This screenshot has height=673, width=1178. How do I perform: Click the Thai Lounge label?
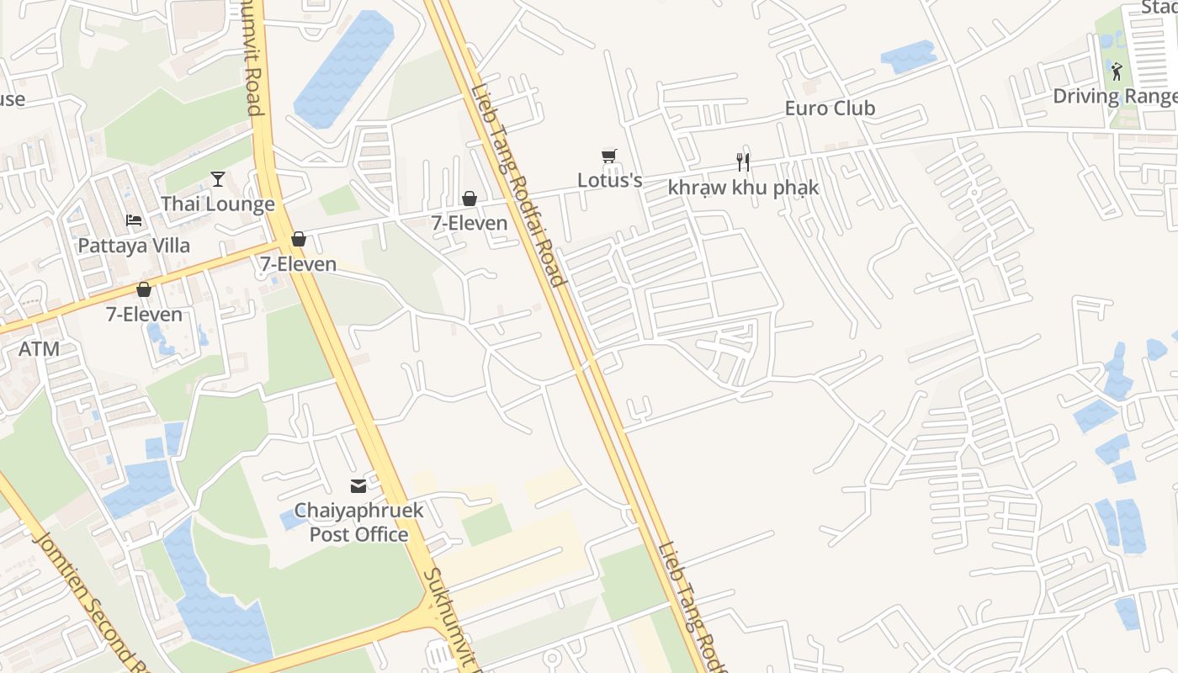click(217, 204)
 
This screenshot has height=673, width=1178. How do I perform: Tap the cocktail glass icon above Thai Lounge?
click(218, 178)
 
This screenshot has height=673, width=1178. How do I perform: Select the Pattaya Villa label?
click(134, 246)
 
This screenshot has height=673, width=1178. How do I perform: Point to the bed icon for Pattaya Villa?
click(134, 220)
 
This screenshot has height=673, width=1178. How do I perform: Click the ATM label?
click(39, 348)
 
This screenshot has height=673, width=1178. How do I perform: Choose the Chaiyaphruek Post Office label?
click(358, 522)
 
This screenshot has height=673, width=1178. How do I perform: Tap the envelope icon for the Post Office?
click(358, 485)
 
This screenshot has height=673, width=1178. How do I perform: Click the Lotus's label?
click(609, 180)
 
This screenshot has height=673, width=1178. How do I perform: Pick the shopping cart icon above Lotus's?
click(609, 156)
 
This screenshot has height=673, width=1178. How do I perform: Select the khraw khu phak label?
click(743, 188)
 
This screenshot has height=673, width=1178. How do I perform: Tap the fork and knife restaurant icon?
click(742, 162)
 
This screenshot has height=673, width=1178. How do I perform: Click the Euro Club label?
click(830, 109)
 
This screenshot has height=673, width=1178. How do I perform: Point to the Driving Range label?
click(1114, 97)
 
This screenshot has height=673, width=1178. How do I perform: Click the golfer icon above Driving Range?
click(1117, 72)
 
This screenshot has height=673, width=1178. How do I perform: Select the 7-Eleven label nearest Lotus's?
click(470, 223)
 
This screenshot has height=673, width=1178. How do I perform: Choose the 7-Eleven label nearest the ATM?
click(144, 315)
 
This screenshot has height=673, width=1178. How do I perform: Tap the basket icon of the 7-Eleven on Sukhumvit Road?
click(298, 240)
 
